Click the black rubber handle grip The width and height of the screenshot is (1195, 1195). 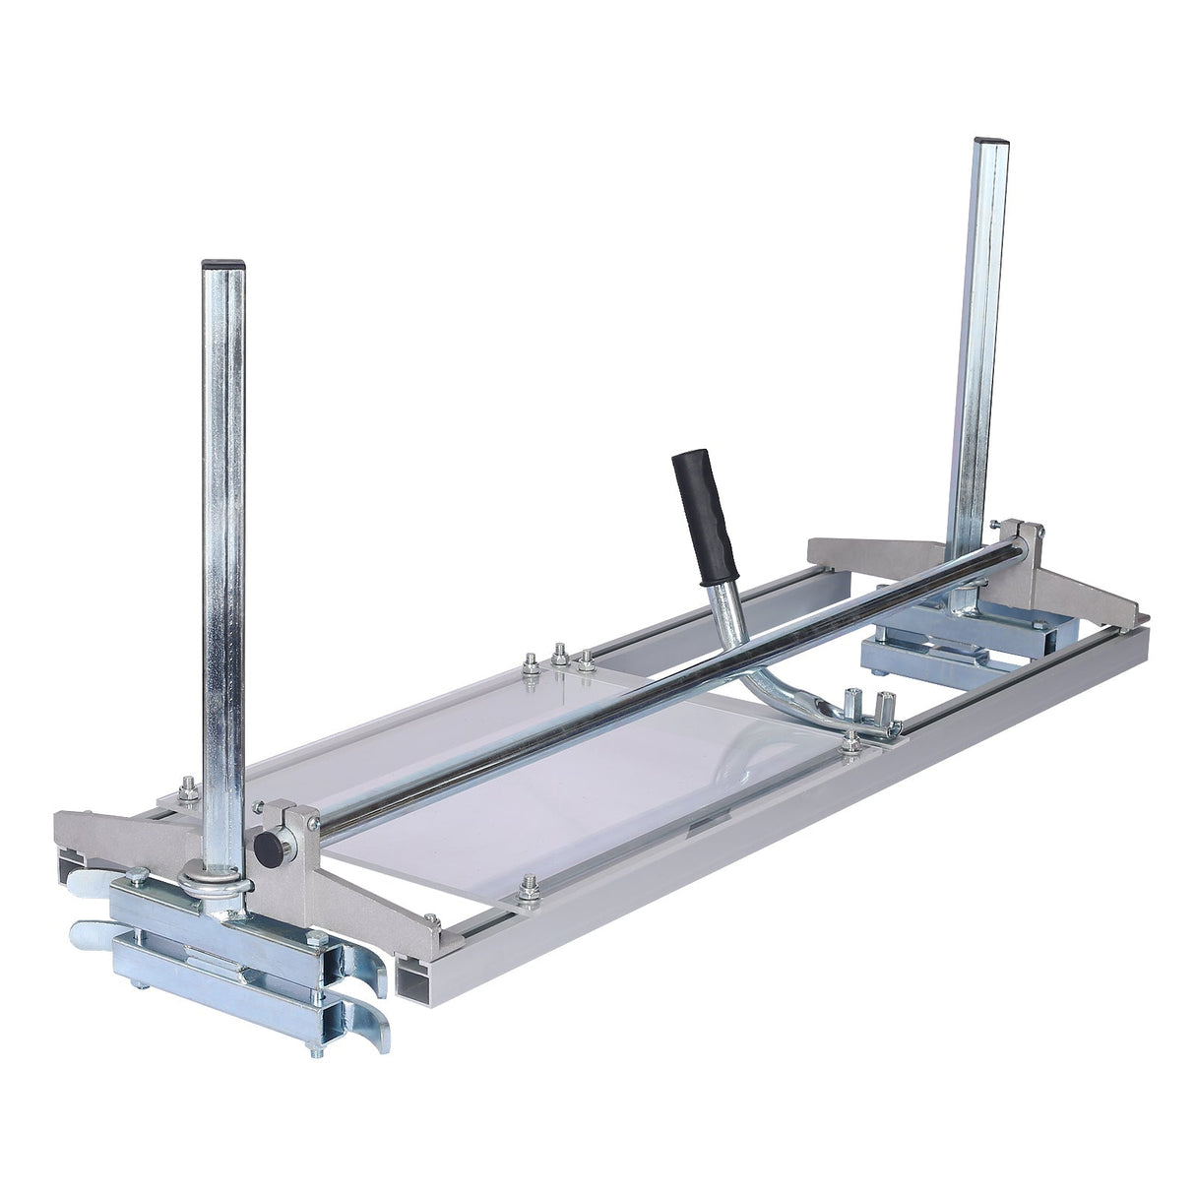tap(705, 519)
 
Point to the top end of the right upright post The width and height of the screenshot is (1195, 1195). tap(988, 143)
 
